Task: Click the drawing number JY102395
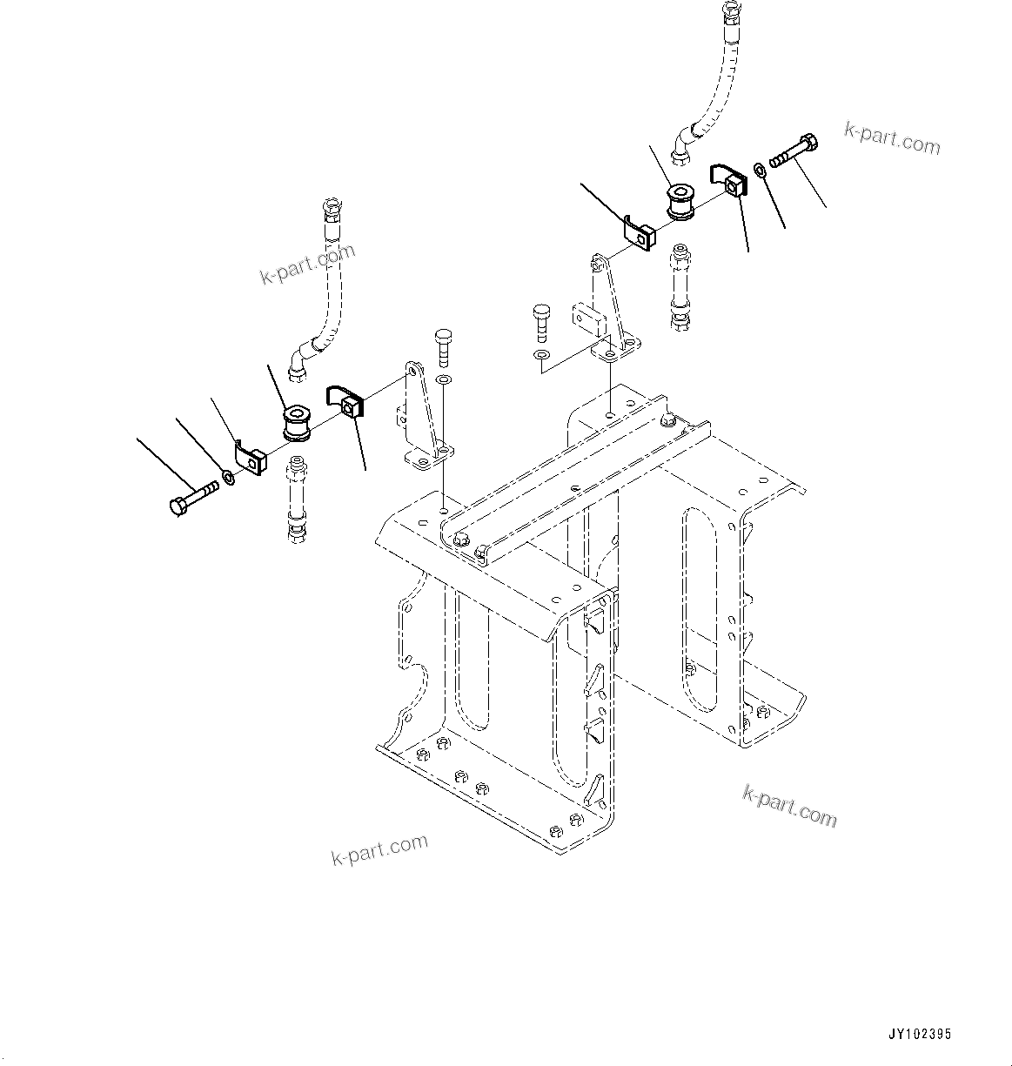(920, 1035)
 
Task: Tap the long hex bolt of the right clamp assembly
(794, 150)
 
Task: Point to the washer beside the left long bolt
(228, 477)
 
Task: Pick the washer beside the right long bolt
(759, 168)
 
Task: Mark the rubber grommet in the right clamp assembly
(679, 201)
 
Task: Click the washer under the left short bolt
(443, 380)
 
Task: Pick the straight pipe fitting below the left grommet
(296, 504)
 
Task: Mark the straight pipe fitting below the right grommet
(679, 287)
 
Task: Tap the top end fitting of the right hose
(728, 15)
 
